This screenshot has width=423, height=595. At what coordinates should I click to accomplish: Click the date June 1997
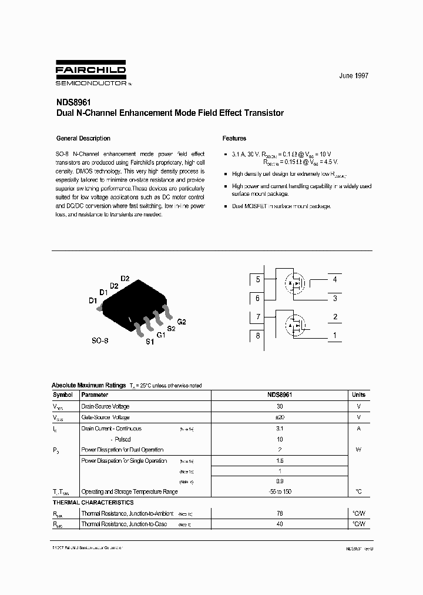point(354,76)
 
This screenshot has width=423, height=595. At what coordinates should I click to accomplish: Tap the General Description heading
point(83,139)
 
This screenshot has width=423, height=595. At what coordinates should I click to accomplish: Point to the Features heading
point(234,139)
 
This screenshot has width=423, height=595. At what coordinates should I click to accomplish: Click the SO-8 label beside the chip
point(100,340)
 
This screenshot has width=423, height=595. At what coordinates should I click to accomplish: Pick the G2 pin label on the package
point(181,322)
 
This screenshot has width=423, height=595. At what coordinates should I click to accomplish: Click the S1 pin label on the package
point(150,342)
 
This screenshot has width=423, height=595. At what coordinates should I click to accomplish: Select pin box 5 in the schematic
point(257,280)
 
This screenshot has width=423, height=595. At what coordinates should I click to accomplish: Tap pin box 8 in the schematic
point(257,336)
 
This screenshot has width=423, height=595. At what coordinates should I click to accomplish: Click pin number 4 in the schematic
point(335,280)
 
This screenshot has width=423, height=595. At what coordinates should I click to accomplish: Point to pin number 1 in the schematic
point(335,336)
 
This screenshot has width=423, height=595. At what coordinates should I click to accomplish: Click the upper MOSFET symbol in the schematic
point(295,283)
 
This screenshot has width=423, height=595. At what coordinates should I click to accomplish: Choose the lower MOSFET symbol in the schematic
point(295,324)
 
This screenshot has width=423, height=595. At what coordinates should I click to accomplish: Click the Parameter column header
point(95,395)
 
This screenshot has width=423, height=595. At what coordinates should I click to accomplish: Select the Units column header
point(358,395)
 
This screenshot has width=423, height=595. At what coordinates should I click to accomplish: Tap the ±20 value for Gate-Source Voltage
point(280,417)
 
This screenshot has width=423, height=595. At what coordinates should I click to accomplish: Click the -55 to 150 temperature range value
point(280,492)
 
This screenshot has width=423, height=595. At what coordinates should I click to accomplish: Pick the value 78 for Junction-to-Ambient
point(280,513)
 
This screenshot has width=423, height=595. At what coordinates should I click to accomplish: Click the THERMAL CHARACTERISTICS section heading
point(93,503)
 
